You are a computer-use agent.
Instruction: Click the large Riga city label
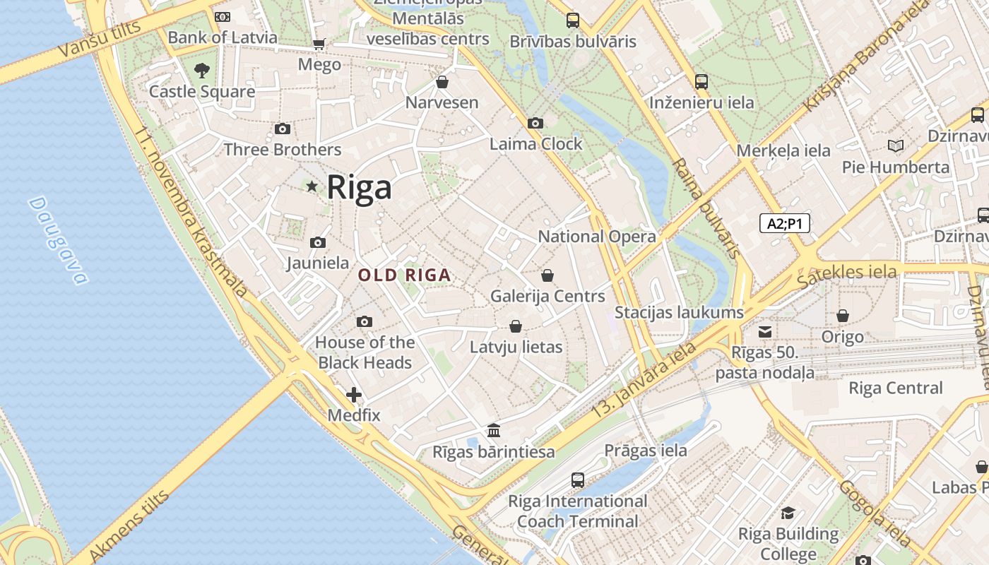(x=359, y=188)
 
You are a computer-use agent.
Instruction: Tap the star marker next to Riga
(x=312, y=186)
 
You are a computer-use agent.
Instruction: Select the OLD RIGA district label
(x=404, y=275)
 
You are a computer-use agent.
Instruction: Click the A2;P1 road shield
(x=784, y=224)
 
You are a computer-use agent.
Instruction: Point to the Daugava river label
(x=59, y=240)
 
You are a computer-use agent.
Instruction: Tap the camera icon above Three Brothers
(x=282, y=129)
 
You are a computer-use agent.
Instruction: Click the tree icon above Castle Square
(x=202, y=70)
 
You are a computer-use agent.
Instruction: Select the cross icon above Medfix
(x=354, y=394)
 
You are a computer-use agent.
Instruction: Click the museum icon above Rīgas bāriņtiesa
(x=494, y=430)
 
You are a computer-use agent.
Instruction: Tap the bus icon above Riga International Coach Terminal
(x=577, y=480)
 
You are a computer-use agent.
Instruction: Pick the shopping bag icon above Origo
(x=842, y=316)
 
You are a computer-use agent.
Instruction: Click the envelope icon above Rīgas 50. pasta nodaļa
(x=764, y=331)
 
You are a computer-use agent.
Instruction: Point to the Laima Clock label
(x=536, y=144)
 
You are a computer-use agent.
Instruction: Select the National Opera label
(x=597, y=237)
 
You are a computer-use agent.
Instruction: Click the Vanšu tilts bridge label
(x=99, y=39)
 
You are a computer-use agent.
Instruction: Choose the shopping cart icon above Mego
(x=319, y=44)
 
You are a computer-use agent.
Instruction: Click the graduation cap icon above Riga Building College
(x=788, y=513)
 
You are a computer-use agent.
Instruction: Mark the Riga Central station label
(x=895, y=388)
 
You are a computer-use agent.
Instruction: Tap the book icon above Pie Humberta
(x=895, y=146)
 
